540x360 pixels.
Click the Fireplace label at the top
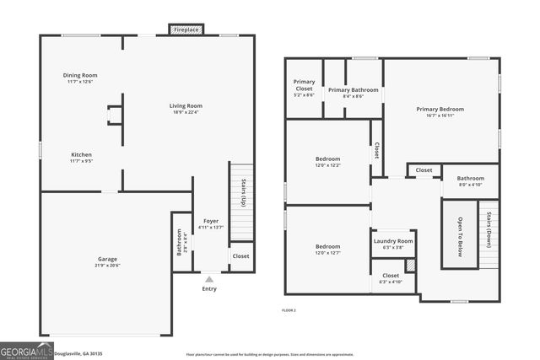[x=186, y=30]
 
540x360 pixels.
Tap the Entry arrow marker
[x=209, y=279]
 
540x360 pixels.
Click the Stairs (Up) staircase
[x=242, y=202]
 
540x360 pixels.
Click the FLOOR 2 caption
[x=289, y=310]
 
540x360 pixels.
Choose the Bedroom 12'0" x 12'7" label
[x=328, y=247]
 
